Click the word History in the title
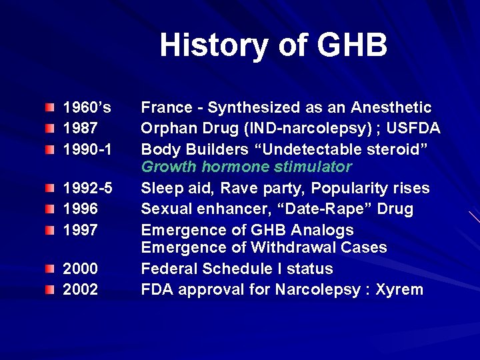click(203, 46)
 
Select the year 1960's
click(87, 107)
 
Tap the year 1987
click(80, 128)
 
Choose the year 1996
click(80, 209)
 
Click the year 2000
click(80, 269)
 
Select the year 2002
click(80, 290)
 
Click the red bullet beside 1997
click(51, 230)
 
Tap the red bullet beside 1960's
click(51, 108)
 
